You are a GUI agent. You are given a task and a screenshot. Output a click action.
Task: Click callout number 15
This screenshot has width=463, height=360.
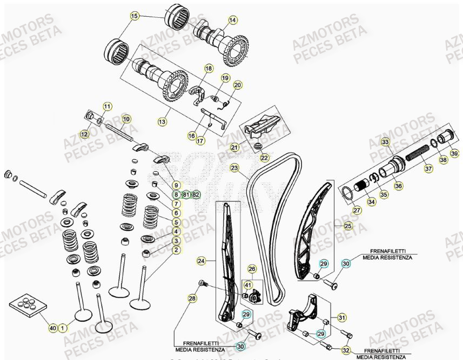click(x=135, y=16)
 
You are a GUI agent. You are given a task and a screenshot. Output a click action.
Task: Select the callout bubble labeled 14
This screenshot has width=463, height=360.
click(x=232, y=21)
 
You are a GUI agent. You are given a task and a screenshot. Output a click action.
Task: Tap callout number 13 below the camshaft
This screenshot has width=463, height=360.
click(x=162, y=123)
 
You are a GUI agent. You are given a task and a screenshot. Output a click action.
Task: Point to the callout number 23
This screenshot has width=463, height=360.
click(x=234, y=168)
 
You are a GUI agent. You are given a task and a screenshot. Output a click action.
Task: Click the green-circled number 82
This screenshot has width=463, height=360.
click(x=196, y=194)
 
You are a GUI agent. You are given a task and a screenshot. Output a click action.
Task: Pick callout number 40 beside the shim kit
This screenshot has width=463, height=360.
click(x=52, y=328)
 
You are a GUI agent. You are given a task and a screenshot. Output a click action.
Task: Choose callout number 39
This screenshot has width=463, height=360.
click(x=454, y=154)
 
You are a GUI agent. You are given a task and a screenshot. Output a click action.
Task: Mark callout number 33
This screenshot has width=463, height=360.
click(x=385, y=142)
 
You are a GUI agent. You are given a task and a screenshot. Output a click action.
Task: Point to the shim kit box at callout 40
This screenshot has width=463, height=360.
click(x=26, y=305)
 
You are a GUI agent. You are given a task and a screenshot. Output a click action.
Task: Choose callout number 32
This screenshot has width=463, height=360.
click(x=346, y=350)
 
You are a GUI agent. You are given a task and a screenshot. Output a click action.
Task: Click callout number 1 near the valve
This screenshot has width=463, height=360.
click(x=63, y=328)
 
